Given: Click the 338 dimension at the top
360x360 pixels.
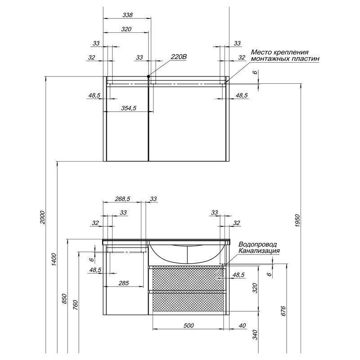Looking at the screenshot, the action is (127, 15).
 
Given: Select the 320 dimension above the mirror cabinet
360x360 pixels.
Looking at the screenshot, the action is (126, 29).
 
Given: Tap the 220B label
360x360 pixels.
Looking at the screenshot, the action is (179, 57).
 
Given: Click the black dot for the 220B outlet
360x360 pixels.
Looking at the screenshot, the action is (148, 76).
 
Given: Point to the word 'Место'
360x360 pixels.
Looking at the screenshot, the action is (260, 52).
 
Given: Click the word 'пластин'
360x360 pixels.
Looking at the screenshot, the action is (306, 59).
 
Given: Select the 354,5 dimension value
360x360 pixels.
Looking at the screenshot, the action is (129, 108).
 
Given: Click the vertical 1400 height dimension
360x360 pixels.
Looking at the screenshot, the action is (54, 259).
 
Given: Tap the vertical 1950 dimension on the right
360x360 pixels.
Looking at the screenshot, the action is (297, 220).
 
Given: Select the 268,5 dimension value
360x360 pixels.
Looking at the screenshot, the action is (122, 199).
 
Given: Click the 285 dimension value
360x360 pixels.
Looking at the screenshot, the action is (123, 283).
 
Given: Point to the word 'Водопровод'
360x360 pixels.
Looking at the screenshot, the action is (257, 244).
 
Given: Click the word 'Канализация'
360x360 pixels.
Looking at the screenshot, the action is (259, 251).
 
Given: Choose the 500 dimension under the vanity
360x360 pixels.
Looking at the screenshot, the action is (189, 325).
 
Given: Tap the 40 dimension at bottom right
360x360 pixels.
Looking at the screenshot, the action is (242, 325).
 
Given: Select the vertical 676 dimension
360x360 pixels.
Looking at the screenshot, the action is (283, 311).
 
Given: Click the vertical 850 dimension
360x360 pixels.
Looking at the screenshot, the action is (65, 298).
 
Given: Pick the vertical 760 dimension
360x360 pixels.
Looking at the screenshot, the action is (76, 305).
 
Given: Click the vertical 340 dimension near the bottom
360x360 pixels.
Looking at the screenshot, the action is (255, 335).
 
